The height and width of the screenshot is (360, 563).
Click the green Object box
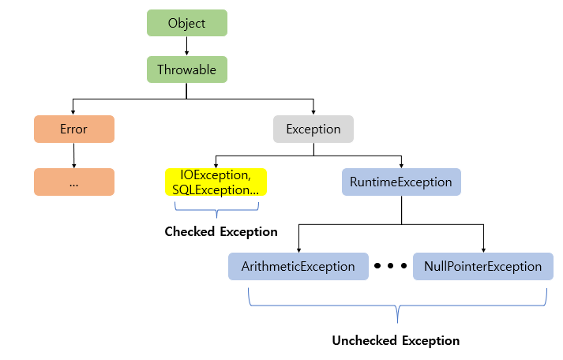pos(186,23)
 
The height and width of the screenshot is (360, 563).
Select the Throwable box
pos(186,69)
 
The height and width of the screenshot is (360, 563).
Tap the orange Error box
pos(74,129)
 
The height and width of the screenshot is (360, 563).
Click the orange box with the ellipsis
pos(74,182)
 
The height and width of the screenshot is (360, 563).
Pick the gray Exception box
pos(313,129)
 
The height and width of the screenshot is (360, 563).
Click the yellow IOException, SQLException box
pos(216,182)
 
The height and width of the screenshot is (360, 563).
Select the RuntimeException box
pos(401,182)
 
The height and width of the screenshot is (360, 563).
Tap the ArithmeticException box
pos(298,266)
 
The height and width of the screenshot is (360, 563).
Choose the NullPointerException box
pos(482,266)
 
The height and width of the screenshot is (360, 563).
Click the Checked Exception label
pos(221,232)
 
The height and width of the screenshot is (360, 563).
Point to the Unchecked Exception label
pos(396,341)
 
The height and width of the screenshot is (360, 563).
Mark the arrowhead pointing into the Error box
pos(74,111)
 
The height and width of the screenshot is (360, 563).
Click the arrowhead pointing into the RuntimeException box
pos(401,165)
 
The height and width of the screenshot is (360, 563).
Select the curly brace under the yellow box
pos(216,208)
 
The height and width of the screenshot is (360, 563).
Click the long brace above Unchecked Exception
pos(396,304)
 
